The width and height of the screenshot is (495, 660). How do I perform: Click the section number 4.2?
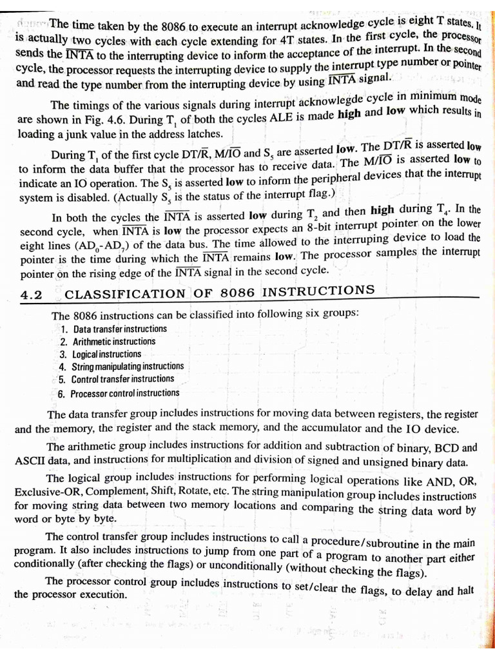[31, 295]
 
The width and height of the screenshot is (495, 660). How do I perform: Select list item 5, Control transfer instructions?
[117, 380]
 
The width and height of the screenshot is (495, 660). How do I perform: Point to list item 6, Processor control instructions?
[120, 393]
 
